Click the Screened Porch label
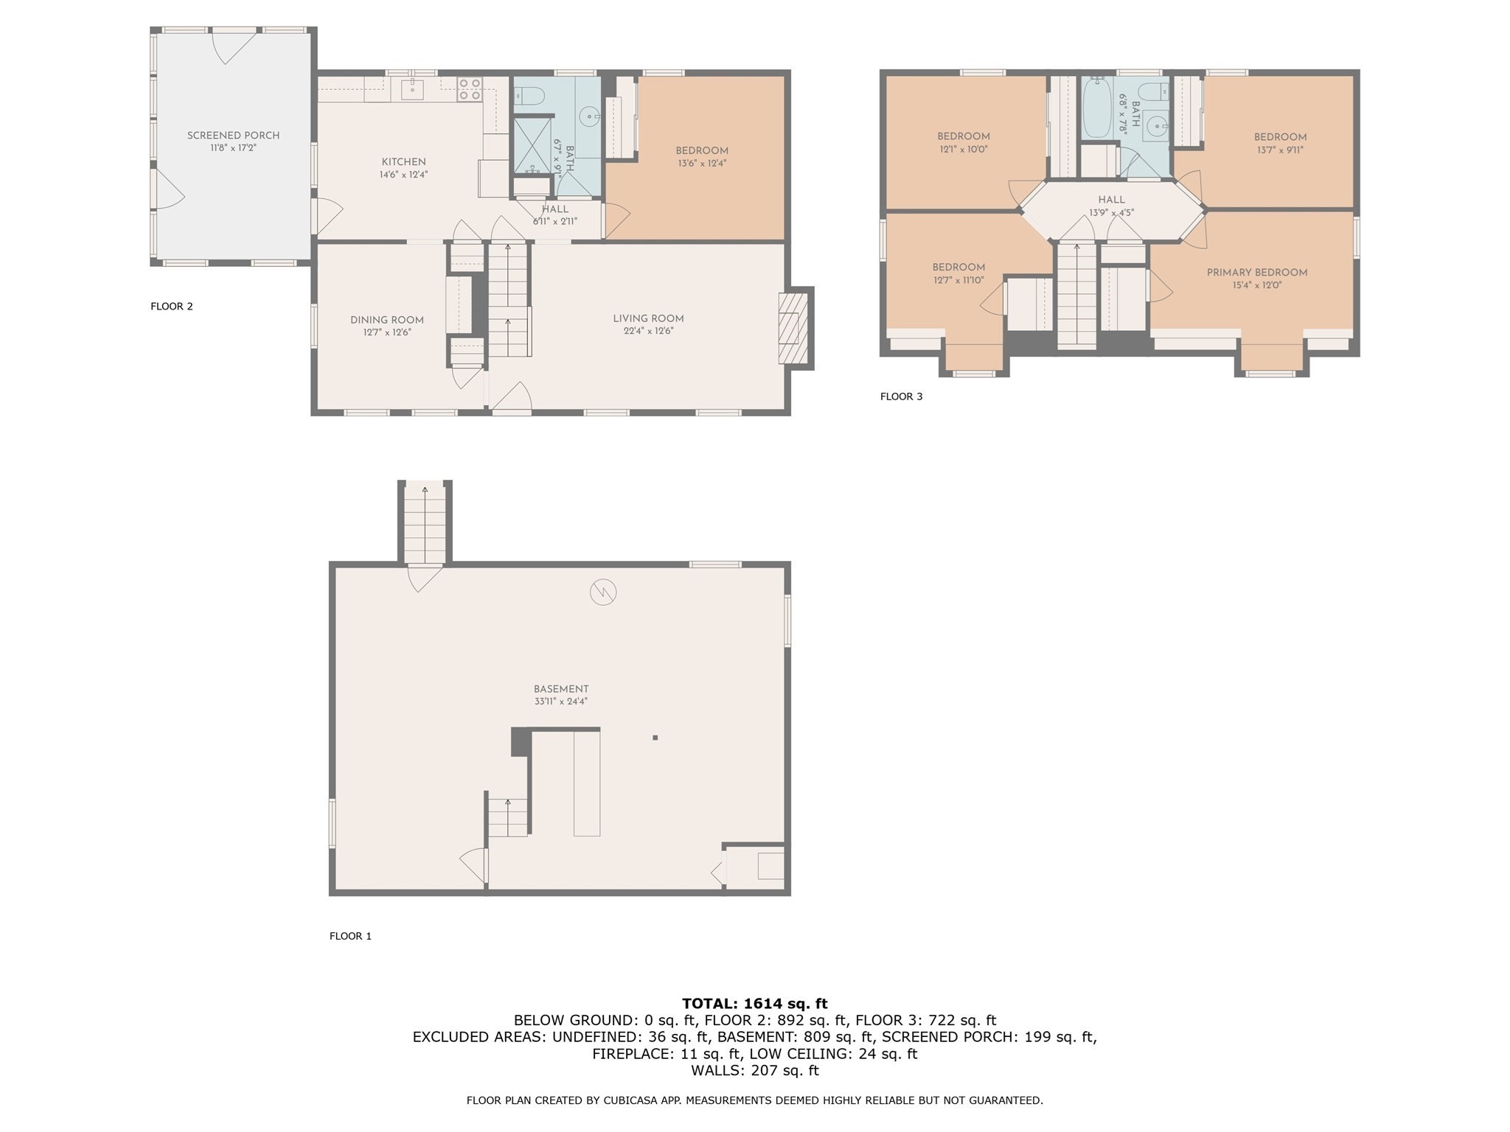(233, 136)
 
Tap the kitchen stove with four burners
(470, 89)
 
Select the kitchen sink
(412, 90)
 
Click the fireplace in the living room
(790, 328)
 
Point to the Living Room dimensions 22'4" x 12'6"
(648, 332)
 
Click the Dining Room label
(386, 320)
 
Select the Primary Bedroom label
(1256, 273)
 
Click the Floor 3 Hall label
(1111, 200)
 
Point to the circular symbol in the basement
(602, 592)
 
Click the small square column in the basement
(655, 737)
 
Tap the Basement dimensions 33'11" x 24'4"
(560, 702)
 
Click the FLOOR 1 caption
(350, 936)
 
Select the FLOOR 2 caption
(172, 307)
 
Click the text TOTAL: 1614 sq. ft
(754, 1003)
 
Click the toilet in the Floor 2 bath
(529, 96)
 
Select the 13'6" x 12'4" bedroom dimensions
(701, 164)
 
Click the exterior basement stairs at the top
(425, 523)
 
